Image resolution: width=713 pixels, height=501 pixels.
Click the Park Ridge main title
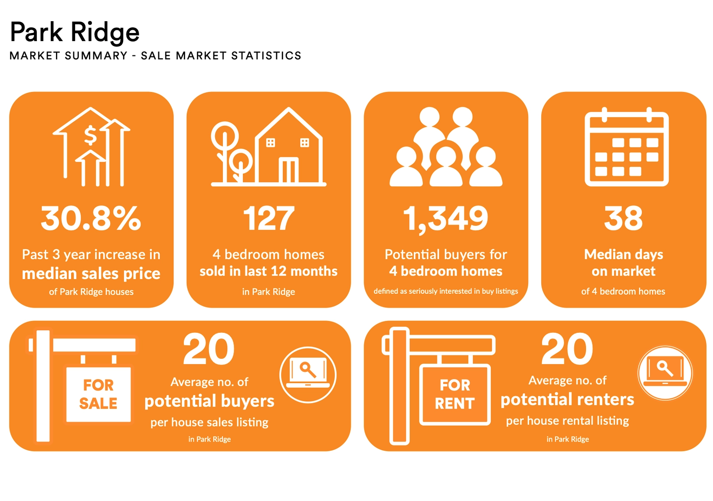75,33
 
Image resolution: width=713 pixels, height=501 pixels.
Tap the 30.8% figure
91,218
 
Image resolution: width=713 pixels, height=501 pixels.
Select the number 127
268,218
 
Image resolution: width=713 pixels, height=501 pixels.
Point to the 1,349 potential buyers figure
446,219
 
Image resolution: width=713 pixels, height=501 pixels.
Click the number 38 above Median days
623,218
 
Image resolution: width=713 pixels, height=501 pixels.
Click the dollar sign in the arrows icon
90,135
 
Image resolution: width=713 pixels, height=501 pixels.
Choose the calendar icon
626,146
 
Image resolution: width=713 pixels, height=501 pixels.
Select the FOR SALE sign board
98,394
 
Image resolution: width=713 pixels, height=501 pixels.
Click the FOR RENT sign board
455,394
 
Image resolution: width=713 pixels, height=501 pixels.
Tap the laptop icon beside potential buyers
308,375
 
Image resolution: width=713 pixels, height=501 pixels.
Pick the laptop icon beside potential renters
665,373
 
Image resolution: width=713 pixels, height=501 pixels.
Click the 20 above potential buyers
209,348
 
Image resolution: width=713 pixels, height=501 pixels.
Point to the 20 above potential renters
567,348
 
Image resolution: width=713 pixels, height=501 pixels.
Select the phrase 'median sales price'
91,273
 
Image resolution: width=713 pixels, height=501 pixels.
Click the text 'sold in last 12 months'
268,271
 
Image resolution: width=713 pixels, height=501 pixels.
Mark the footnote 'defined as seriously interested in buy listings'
446,291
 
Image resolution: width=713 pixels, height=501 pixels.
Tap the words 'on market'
623,271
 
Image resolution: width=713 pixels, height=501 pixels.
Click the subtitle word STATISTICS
266,55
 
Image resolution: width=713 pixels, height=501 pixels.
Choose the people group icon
446,146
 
